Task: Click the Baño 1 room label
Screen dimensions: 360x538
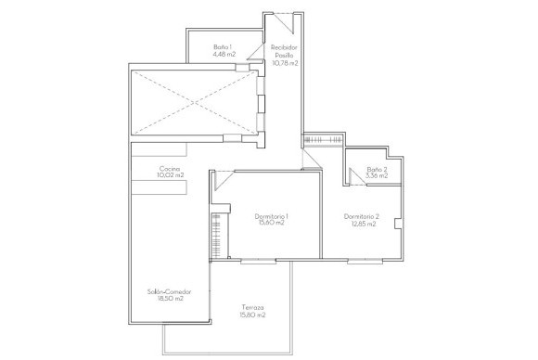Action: [221, 45]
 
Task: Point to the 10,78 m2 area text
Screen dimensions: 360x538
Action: [285, 63]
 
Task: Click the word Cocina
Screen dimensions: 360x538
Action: [169, 168]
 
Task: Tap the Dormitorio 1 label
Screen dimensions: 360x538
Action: [272, 216]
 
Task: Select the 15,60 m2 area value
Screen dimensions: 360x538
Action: [272, 225]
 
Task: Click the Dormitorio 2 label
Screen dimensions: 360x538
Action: [362, 216]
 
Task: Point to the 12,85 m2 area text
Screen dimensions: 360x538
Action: [362, 225]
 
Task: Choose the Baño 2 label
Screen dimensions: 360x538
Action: [377, 170]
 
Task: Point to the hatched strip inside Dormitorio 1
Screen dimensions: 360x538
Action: [217, 236]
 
